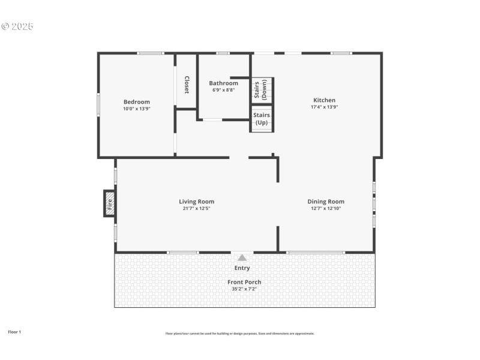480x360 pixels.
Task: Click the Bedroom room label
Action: pyautogui.click(x=137, y=102)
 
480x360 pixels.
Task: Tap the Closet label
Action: pyautogui.click(x=187, y=85)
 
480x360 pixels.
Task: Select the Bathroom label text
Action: pyautogui.click(x=223, y=83)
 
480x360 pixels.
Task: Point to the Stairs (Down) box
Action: pyautogui.click(x=262, y=90)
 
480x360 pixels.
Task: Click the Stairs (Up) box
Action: pyautogui.click(x=262, y=119)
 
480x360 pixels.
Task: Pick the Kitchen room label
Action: pyautogui.click(x=324, y=100)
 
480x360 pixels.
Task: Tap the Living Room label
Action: pyautogui.click(x=196, y=202)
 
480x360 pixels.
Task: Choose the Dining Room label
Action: pyautogui.click(x=326, y=202)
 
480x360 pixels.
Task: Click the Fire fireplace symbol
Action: pyautogui.click(x=110, y=203)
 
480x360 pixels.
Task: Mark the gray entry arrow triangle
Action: pyautogui.click(x=242, y=257)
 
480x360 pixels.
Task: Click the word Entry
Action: pyautogui.click(x=242, y=268)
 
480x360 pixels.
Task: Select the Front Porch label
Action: pyautogui.click(x=244, y=282)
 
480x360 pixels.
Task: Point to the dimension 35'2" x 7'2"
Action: pyautogui.click(x=244, y=289)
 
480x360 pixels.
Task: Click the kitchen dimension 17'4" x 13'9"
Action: pyautogui.click(x=324, y=107)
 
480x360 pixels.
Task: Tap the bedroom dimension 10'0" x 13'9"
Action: pyautogui.click(x=137, y=109)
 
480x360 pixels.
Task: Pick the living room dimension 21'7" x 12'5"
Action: pyautogui.click(x=196, y=209)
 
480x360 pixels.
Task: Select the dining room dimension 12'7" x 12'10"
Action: pyautogui.click(x=326, y=209)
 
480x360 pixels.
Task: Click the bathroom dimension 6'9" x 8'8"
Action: pyautogui.click(x=223, y=90)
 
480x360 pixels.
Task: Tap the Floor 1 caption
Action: pyautogui.click(x=14, y=332)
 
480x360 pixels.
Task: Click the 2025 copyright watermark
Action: pyautogui.click(x=17, y=26)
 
